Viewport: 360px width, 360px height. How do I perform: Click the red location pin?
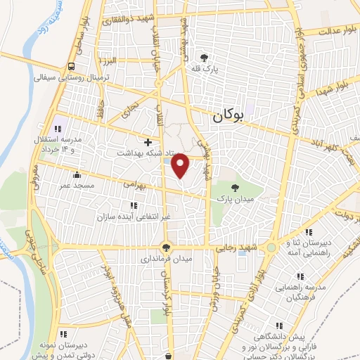coord(181,166)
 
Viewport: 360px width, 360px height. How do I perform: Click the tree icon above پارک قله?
coord(205,58)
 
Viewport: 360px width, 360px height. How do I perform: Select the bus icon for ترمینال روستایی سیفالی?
coord(71,67)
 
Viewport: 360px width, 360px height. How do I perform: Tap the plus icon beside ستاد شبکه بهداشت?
coord(148,142)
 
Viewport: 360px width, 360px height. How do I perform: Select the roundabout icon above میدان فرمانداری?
coord(166,247)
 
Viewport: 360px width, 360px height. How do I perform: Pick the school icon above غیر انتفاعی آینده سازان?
coord(134,205)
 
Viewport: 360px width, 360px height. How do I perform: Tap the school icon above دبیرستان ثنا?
coord(308,232)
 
